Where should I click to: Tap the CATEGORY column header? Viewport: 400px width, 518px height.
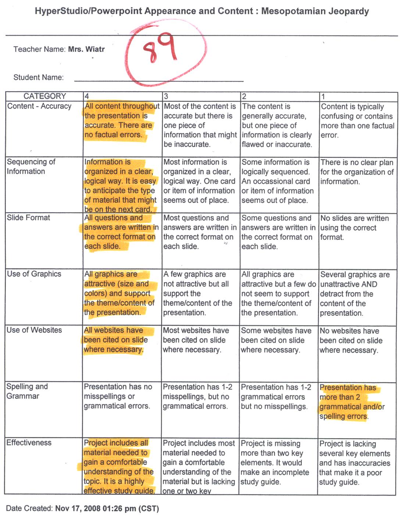[44, 96]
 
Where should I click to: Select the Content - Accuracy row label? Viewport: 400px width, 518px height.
[39, 106]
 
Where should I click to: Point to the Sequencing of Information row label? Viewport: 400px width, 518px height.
[31, 166]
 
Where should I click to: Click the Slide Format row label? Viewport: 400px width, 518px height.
[28, 218]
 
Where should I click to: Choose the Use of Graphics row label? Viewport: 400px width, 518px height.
[34, 274]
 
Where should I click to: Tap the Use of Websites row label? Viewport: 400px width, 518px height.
[34, 330]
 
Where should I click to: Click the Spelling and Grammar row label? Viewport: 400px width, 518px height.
[27, 391]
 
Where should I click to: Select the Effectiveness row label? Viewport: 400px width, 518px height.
[29, 443]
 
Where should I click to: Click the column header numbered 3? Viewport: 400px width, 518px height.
[166, 96]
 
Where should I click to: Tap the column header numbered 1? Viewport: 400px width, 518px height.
[323, 96]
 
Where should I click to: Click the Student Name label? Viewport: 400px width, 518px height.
[38, 78]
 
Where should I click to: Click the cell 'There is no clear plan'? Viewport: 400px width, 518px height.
[356, 172]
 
